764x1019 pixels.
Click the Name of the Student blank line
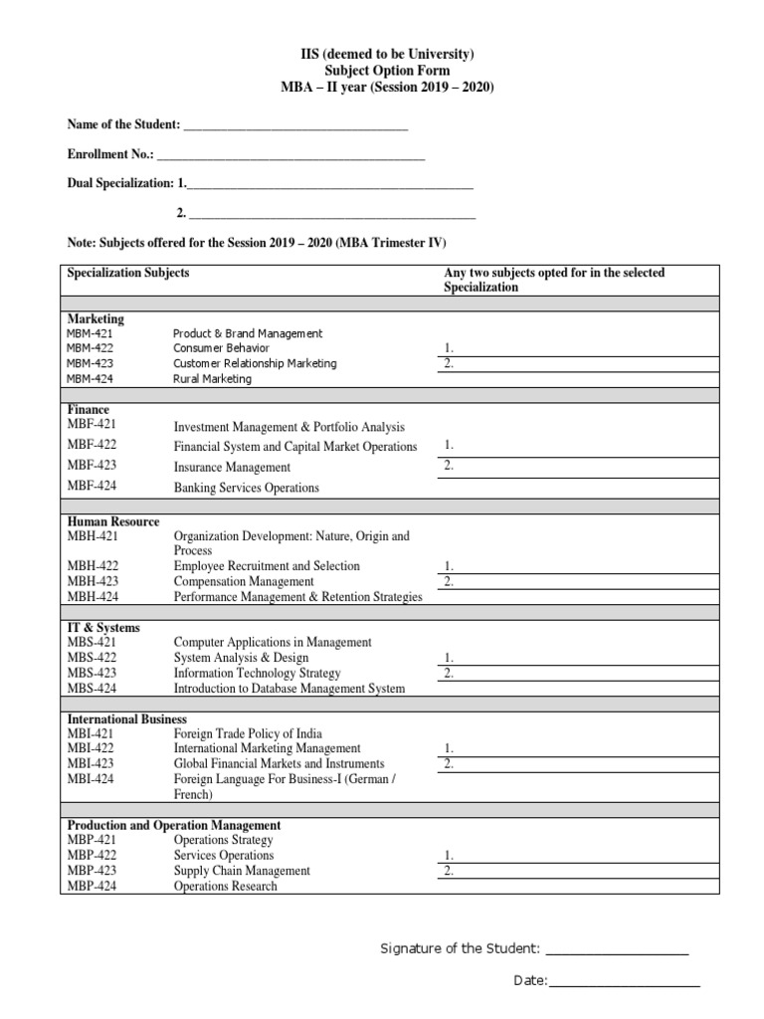click(x=295, y=125)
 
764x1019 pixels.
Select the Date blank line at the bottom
click(x=624, y=982)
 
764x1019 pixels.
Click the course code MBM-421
click(x=91, y=334)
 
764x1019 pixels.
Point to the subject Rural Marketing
click(x=212, y=379)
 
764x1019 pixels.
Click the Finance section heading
click(x=89, y=410)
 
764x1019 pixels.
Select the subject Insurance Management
click(x=232, y=467)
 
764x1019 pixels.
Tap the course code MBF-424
click(x=92, y=487)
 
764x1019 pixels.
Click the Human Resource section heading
click(x=112, y=521)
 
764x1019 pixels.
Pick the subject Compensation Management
click(x=244, y=581)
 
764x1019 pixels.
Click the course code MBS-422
click(x=91, y=658)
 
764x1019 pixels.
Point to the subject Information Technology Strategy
click(x=257, y=673)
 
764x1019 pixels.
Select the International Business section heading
click(x=126, y=718)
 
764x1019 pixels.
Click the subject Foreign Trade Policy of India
click(x=248, y=733)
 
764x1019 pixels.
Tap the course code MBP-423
click(x=92, y=871)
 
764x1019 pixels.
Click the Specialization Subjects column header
click(x=127, y=273)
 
